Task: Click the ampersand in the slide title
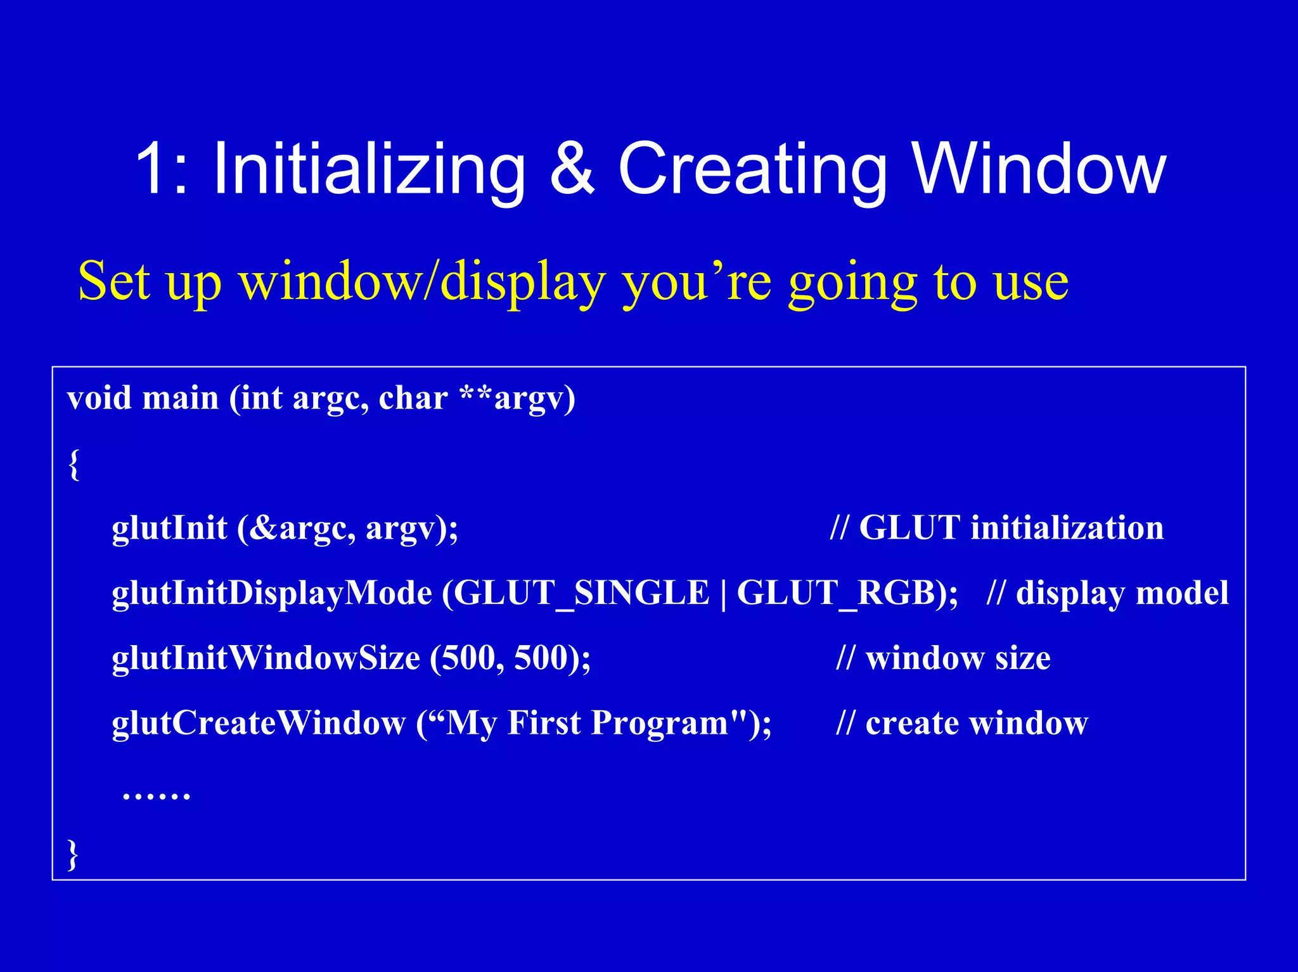pyautogui.click(x=572, y=169)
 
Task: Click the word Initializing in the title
pyautogui.click(x=369, y=169)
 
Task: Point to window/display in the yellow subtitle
pyautogui.click(x=421, y=282)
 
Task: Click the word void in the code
pyautogui.click(x=99, y=399)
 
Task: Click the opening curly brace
pyautogui.click(x=74, y=464)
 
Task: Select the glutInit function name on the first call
pyautogui.click(x=169, y=528)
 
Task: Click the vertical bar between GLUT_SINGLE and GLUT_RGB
pyautogui.click(x=723, y=594)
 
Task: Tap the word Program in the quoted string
pyautogui.click(x=659, y=723)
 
